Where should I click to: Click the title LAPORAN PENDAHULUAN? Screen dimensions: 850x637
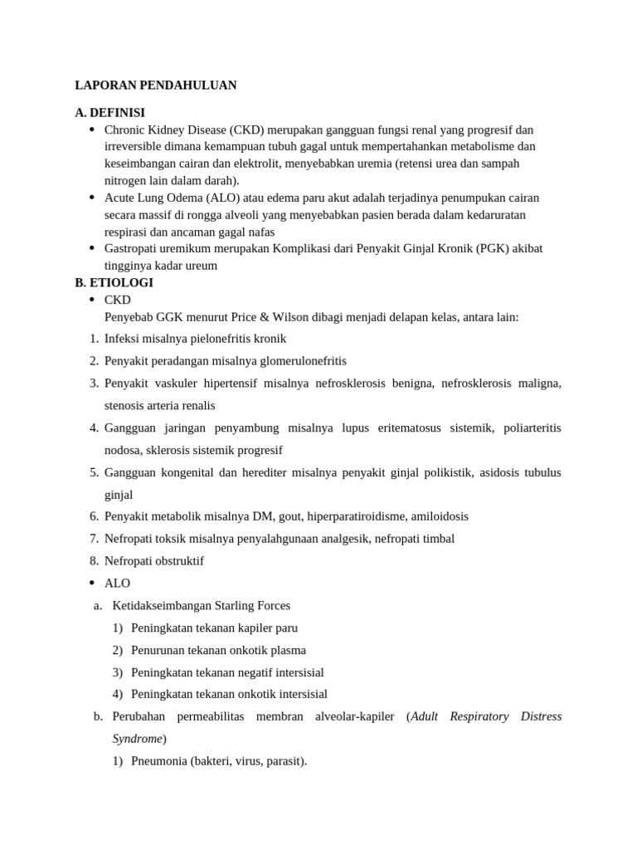click(156, 85)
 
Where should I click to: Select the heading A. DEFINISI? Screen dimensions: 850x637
click(109, 113)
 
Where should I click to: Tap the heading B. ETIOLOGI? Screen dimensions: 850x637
click(114, 282)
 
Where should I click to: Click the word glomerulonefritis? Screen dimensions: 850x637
click(289, 361)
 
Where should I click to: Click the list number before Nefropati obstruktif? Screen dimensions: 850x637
click(94, 561)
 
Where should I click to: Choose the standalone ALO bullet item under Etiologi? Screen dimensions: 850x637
click(117, 584)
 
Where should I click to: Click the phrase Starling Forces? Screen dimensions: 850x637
click(252, 606)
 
